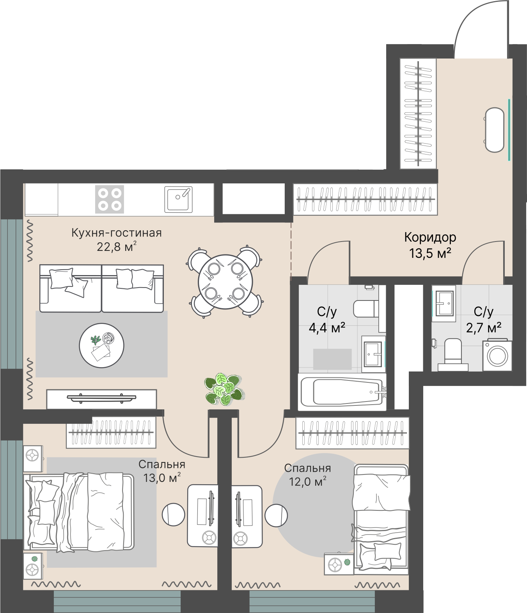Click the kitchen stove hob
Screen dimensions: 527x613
(x=110, y=199)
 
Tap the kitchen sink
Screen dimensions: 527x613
(x=178, y=199)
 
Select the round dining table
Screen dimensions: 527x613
(x=225, y=281)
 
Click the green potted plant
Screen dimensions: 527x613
(x=225, y=389)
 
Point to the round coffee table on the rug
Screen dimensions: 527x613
(x=101, y=345)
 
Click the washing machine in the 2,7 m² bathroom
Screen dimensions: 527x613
(x=497, y=355)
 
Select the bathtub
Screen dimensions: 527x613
(x=342, y=392)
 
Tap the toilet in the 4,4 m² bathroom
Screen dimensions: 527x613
(x=366, y=309)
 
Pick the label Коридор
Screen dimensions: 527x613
(x=430, y=237)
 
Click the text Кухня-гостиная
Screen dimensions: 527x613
(x=117, y=233)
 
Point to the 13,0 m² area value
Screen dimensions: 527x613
(x=162, y=478)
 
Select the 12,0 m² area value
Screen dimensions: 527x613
(x=307, y=482)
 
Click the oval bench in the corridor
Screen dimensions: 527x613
(x=494, y=130)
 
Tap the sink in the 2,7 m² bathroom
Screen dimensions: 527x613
(x=444, y=304)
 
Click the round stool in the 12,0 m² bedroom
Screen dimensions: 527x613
(x=276, y=516)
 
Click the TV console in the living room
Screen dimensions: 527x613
(x=101, y=399)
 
